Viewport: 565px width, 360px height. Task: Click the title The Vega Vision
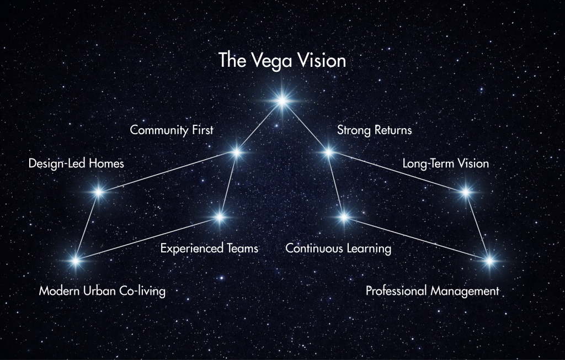click(x=282, y=60)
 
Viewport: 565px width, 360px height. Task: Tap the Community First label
click(x=172, y=130)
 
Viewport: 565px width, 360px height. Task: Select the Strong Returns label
click(x=374, y=130)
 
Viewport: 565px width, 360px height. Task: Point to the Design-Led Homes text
click(x=76, y=164)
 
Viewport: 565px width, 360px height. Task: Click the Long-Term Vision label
click(x=445, y=164)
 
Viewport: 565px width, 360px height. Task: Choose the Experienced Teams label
click(x=209, y=248)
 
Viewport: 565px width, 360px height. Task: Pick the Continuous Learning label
click(x=338, y=248)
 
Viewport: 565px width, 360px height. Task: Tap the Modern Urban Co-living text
click(x=102, y=291)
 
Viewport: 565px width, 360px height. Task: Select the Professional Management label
click(x=432, y=291)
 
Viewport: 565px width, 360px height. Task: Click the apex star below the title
click(x=282, y=100)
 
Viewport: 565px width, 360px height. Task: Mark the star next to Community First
click(x=236, y=152)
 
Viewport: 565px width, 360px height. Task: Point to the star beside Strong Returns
click(x=328, y=152)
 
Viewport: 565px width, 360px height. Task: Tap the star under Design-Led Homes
click(x=99, y=192)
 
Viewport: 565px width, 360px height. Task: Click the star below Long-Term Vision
click(x=465, y=192)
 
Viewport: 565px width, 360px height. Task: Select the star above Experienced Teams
click(x=220, y=217)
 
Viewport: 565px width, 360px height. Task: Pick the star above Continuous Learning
click(x=344, y=217)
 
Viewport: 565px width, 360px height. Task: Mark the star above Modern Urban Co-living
click(x=76, y=259)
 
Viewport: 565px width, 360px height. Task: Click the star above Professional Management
click(x=489, y=260)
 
